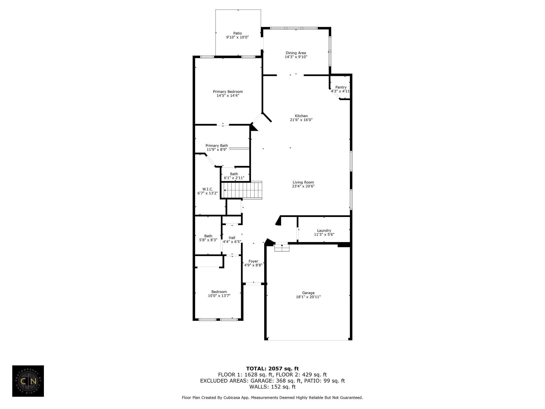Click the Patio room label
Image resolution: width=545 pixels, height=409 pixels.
click(238, 33)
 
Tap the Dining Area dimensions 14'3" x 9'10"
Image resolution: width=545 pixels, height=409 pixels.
click(296, 57)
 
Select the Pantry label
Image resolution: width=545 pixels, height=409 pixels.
click(341, 87)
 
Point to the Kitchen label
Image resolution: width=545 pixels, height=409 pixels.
click(301, 116)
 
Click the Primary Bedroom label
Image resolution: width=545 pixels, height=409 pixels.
click(228, 92)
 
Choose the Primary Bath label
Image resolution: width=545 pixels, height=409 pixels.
click(217, 146)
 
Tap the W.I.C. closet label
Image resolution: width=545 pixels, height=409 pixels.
click(208, 189)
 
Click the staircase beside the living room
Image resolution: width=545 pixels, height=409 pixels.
click(242, 190)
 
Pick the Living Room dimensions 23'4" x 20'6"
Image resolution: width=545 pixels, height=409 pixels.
click(303, 186)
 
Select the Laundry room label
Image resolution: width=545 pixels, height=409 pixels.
click(324, 231)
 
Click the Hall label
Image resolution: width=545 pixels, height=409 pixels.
click(232, 238)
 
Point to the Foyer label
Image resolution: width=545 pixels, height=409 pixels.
click(253, 261)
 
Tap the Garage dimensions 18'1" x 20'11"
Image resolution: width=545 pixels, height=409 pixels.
click(308, 297)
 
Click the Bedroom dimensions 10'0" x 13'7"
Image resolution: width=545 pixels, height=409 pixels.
click(219, 295)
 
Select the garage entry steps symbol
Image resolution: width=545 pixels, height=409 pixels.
click(282, 247)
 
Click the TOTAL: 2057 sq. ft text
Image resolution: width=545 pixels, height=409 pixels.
click(272, 369)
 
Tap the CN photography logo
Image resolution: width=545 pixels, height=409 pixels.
click(28, 381)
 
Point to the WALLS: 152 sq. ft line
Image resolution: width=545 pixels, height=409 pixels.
click(272, 387)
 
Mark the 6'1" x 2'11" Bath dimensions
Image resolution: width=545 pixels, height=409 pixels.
click(234, 178)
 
